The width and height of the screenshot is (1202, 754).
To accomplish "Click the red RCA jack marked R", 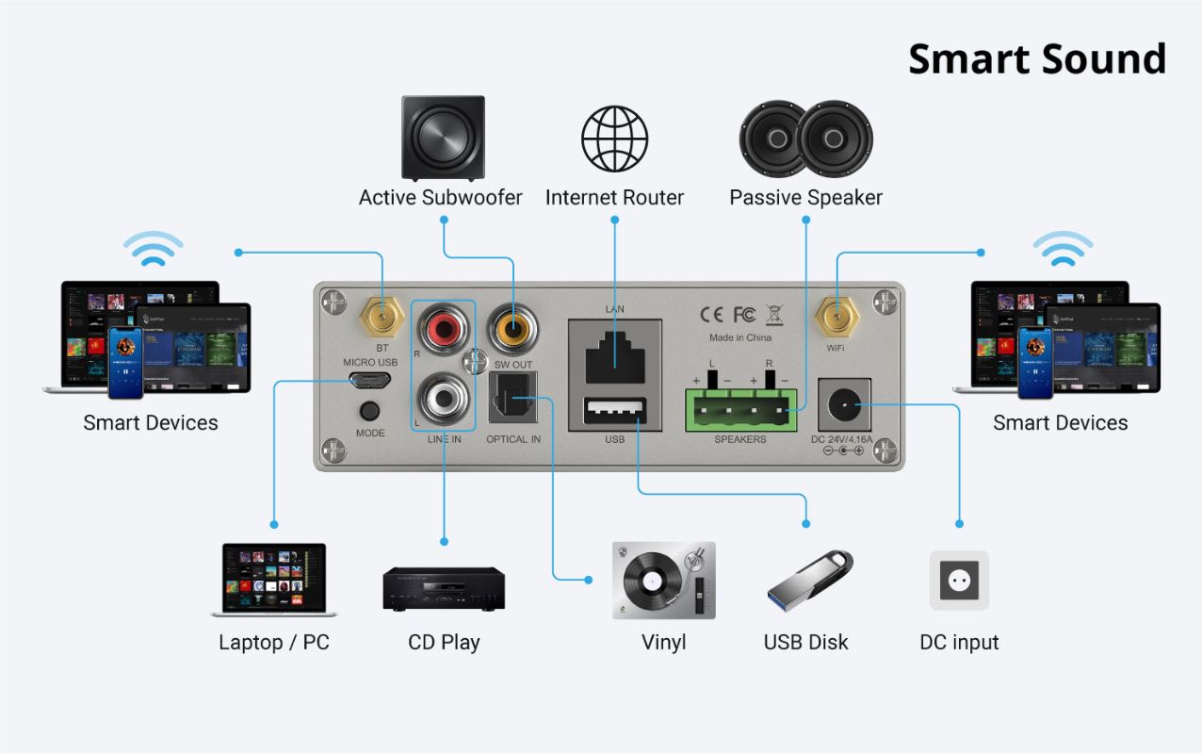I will [x=443, y=329].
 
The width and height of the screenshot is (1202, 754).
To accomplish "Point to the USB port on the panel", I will [x=614, y=413].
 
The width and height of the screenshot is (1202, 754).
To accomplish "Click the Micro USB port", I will [x=369, y=381].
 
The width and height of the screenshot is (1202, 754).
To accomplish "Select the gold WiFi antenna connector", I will [x=836, y=318].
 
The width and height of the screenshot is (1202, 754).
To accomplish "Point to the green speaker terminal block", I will [x=740, y=409].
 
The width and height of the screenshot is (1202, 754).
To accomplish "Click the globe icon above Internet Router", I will [x=614, y=138].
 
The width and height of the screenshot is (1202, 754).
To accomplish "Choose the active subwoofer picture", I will [x=443, y=138].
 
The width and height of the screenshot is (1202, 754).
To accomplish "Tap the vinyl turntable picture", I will [x=663, y=580].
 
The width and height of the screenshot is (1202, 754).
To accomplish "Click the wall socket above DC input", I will [x=959, y=580].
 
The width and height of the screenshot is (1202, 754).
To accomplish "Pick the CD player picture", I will [x=443, y=588].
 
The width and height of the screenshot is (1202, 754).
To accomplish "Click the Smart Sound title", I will [x=1036, y=59].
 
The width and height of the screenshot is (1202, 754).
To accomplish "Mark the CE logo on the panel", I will [x=711, y=314].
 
